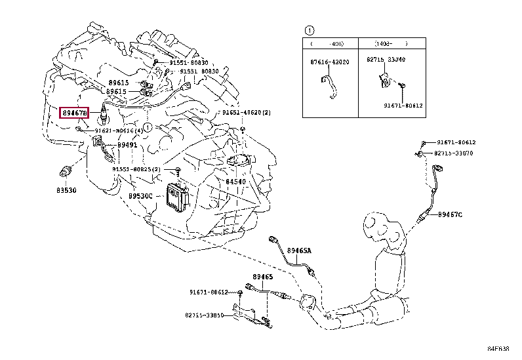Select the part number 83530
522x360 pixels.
click(65, 190)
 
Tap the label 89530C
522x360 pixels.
click(140, 195)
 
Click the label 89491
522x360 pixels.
click(127, 145)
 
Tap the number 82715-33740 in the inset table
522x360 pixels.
click(386, 60)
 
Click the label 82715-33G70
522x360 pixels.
click(462, 153)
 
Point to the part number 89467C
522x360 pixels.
click(451, 214)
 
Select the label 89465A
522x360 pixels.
click(300, 250)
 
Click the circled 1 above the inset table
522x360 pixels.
click(309, 30)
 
